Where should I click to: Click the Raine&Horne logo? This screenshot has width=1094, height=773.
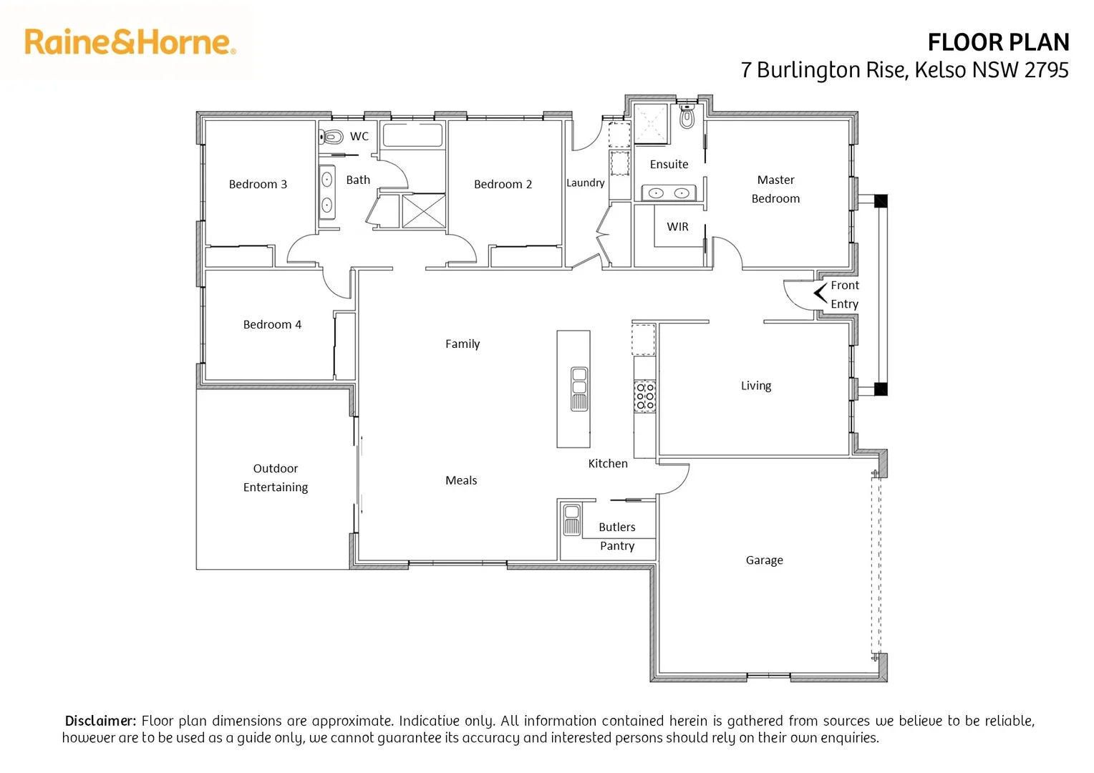point(130,42)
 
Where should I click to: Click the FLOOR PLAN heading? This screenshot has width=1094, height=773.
point(998,43)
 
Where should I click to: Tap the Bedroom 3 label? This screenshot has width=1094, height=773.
point(258,185)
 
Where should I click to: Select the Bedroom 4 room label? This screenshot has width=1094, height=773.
point(272,325)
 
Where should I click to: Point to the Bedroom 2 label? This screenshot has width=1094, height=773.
point(503,185)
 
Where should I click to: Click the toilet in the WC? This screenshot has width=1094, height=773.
point(332,136)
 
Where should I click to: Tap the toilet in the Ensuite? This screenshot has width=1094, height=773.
point(687,117)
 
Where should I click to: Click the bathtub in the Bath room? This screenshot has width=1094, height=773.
point(412,135)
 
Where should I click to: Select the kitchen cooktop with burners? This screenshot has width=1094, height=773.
point(645,397)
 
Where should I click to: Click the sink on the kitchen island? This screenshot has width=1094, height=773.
point(579,389)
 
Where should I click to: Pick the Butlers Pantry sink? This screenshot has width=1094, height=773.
point(571,520)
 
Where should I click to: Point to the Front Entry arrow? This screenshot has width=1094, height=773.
point(820,293)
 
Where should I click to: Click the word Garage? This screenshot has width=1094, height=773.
point(764,560)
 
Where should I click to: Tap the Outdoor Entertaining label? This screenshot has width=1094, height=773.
point(276,478)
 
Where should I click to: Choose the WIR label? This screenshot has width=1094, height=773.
point(677,227)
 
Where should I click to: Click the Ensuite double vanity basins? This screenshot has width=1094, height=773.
point(669,193)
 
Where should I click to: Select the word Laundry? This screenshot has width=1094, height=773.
point(586,183)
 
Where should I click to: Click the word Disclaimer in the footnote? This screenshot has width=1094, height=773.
point(100,721)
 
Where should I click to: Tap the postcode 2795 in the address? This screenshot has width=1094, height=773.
point(1046,70)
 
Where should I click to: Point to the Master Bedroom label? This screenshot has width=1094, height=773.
point(775,190)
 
